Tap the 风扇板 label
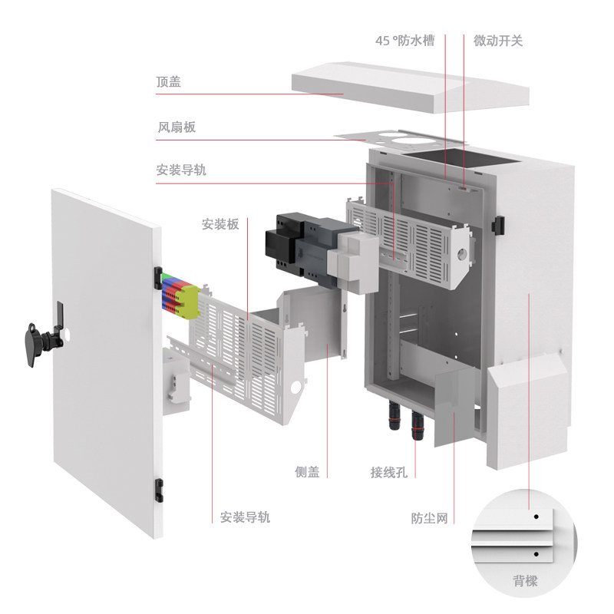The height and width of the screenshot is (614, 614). point(177,127)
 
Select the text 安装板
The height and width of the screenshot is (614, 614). point(220,224)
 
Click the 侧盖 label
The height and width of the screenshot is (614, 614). point(307,472)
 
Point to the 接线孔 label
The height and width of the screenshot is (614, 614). point(388,472)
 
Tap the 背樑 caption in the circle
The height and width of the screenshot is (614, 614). point(525,581)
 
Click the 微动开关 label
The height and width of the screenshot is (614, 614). point(498,40)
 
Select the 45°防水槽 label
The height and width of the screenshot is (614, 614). point(404,40)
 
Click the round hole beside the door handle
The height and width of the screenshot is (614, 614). point(67,335)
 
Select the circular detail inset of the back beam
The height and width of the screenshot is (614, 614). point(525,545)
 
